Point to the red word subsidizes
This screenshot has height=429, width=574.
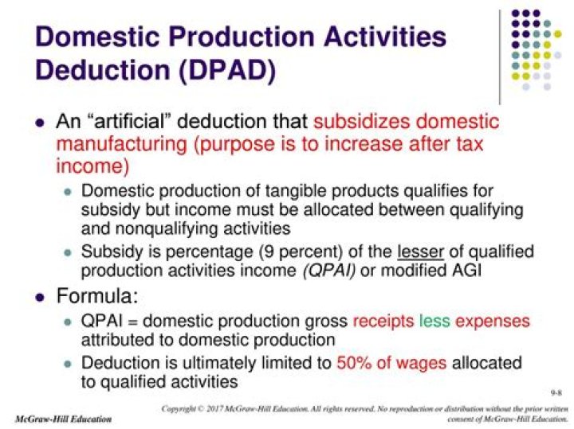coord(361,123)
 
